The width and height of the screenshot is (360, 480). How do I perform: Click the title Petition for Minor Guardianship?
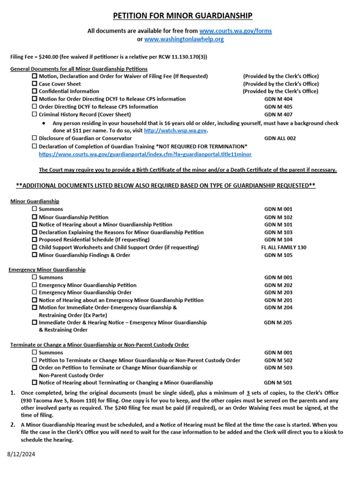[x=182, y=16]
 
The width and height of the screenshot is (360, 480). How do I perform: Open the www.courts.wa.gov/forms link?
[x=235, y=31]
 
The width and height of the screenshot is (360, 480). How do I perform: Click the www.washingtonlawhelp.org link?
[x=184, y=39]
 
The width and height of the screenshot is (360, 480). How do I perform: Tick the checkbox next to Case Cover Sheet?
[x=34, y=84]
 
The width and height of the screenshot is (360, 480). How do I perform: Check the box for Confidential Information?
[x=34, y=91]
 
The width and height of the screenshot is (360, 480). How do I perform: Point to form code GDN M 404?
[x=278, y=99]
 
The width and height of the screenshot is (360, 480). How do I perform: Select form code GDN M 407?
[x=278, y=114]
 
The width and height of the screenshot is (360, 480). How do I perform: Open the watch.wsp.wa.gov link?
[x=175, y=131]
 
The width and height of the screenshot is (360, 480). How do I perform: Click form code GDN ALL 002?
[x=280, y=138]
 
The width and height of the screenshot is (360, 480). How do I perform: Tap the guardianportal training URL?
[x=145, y=154]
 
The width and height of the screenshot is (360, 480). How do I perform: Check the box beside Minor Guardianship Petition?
[x=34, y=217]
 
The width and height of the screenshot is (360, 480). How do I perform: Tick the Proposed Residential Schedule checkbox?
[x=34, y=240]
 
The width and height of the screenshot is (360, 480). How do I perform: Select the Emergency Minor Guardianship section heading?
[x=47, y=270]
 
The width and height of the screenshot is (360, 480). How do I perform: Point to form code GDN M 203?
[x=278, y=292]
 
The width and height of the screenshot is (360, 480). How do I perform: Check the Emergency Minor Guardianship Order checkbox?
[x=34, y=292]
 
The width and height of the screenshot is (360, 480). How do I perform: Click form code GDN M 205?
[x=278, y=322]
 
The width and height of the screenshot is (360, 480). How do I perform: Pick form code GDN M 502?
[x=278, y=360]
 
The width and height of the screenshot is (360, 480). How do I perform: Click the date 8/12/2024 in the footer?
[x=21, y=454]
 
